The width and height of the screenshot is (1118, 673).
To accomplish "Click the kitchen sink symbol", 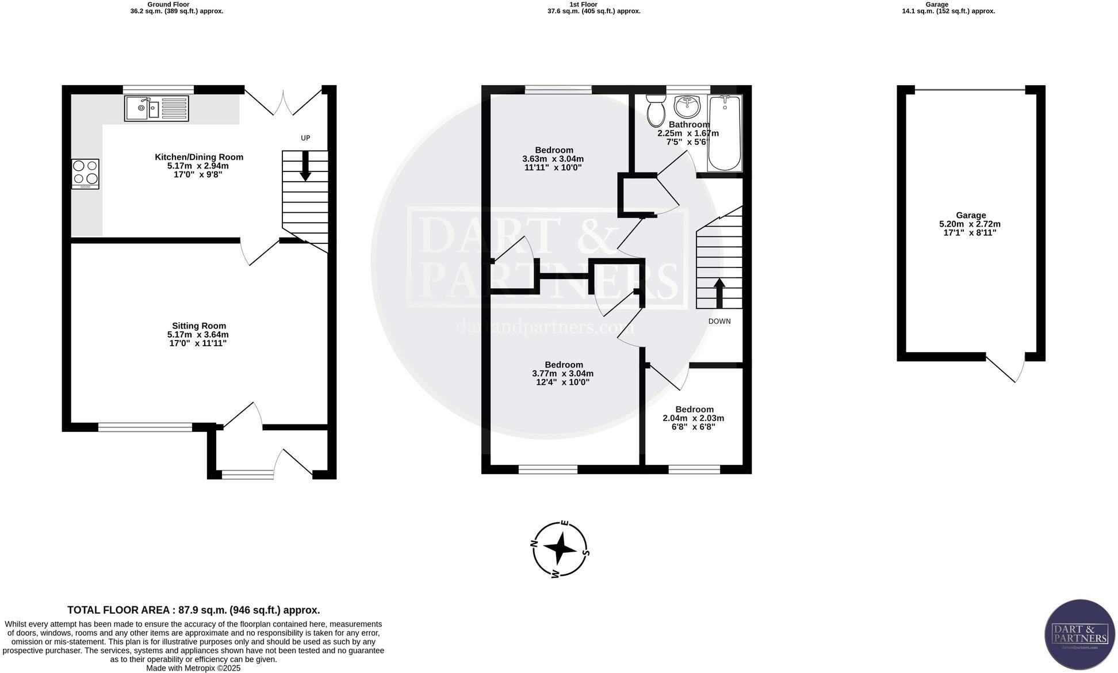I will [x=156, y=108].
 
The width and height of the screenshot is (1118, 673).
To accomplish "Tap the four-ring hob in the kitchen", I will [x=85, y=173].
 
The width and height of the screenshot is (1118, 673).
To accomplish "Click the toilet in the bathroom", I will [x=655, y=111].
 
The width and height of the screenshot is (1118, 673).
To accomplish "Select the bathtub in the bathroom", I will [x=724, y=133].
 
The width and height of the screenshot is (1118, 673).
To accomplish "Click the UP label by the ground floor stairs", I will [x=305, y=138].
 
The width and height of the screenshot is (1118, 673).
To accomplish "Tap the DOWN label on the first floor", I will [x=719, y=321].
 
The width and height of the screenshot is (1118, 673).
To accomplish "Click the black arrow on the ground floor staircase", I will [x=305, y=166].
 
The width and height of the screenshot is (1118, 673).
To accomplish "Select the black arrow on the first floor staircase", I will [x=719, y=293].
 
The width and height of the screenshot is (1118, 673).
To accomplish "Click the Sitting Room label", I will [x=199, y=326].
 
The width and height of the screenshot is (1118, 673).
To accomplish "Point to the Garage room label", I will [x=970, y=215].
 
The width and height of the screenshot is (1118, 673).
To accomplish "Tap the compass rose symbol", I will [x=560, y=549].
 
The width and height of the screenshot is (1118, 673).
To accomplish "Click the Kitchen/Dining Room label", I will [x=199, y=157].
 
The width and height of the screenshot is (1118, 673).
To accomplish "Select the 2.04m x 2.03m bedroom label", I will [x=694, y=418].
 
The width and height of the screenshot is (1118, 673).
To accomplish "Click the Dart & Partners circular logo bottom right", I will [x=1079, y=634].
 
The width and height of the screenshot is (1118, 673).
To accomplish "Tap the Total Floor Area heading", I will [x=193, y=610].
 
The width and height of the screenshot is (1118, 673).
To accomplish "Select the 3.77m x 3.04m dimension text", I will [x=563, y=373].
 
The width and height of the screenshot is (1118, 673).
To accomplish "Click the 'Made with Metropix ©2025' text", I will [x=193, y=668].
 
